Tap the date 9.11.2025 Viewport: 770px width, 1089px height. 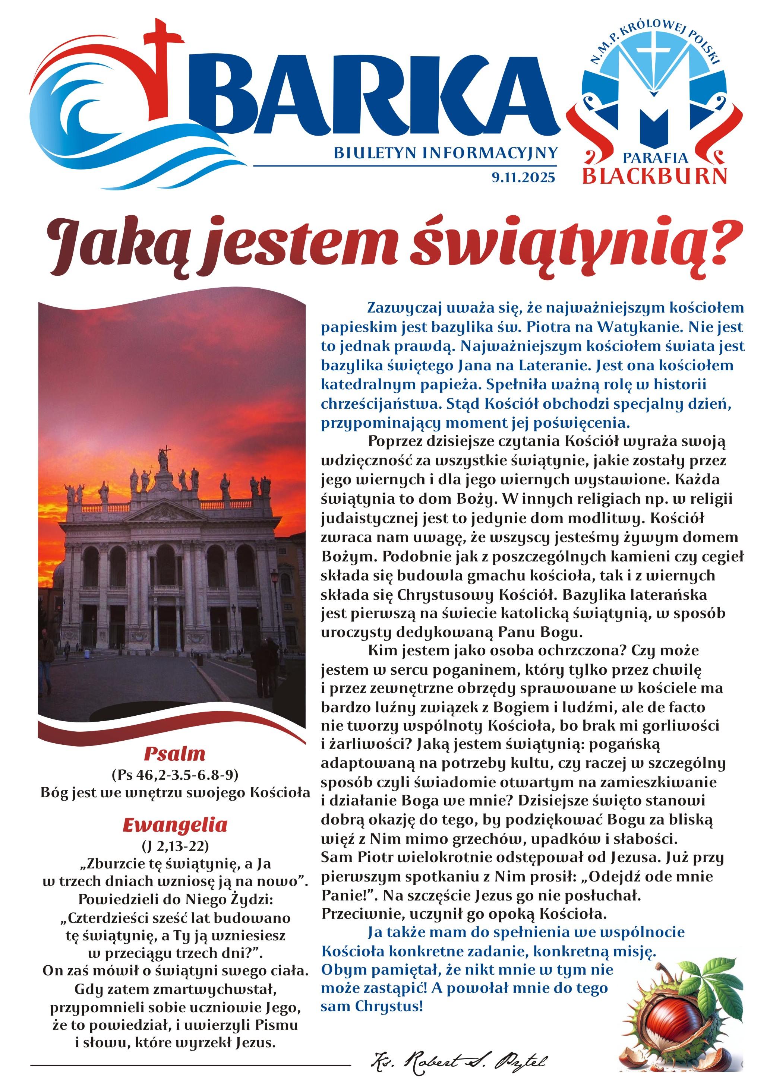[523, 178]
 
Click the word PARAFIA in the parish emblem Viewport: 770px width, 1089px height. [655, 158]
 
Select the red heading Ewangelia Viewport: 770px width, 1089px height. [174, 825]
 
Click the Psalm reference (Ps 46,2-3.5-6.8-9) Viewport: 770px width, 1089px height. [174, 775]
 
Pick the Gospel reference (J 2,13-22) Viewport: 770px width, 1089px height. [174, 846]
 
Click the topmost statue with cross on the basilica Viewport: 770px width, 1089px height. [165, 458]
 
